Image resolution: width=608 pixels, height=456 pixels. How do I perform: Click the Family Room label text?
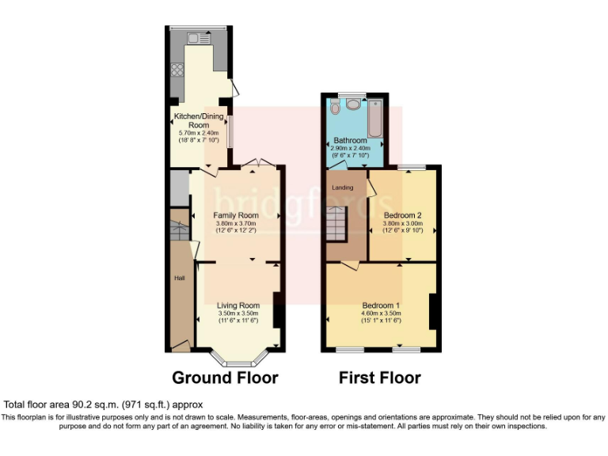point(237,215)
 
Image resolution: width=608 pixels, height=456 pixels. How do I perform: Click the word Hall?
point(179,278)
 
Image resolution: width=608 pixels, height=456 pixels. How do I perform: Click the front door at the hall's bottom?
point(180,344)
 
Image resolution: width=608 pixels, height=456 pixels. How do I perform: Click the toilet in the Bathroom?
point(335,106)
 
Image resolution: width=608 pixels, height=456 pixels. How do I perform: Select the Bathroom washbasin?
point(353,104)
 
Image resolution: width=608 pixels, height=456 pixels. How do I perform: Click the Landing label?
point(343,187)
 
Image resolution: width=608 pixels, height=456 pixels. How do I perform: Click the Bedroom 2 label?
point(403,215)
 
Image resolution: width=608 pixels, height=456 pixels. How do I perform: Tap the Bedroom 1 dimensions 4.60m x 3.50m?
point(381,315)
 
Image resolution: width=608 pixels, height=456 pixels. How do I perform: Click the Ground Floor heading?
point(225,378)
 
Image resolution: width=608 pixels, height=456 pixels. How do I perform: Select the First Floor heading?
point(379,378)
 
